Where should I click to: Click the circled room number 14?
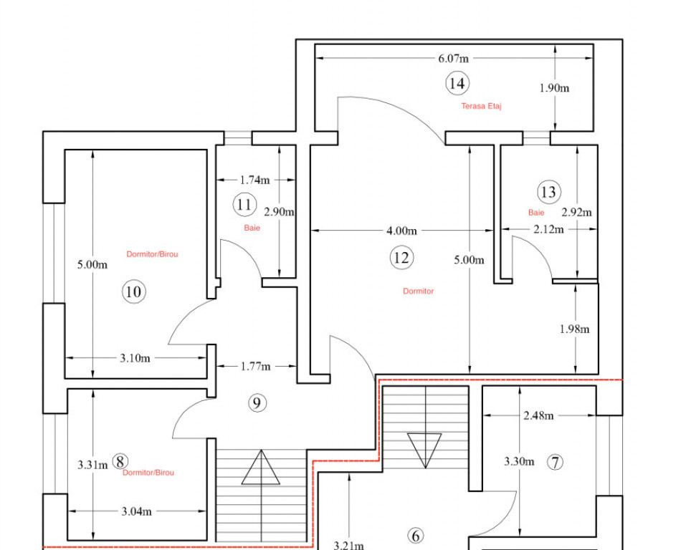coord(457,83)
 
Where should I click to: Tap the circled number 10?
coord(134,291)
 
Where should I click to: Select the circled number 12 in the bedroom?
coord(401,257)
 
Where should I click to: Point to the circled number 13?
coord(548,192)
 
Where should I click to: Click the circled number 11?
coord(244,205)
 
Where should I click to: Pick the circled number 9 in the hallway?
coord(257,403)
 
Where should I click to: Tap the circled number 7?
coord(555,462)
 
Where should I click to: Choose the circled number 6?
coord(414,535)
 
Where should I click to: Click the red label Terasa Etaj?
coord(481,106)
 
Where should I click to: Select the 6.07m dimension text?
coord(454,59)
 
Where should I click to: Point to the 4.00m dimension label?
coord(401,231)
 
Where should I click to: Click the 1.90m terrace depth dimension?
coord(554,88)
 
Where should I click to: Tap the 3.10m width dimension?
coord(135,357)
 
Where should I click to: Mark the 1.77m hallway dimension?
coord(256,367)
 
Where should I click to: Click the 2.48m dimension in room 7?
coord(538,415)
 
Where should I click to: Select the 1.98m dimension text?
coord(574,329)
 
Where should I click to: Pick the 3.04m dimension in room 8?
coord(136,511)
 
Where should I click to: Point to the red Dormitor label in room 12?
coord(418,291)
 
